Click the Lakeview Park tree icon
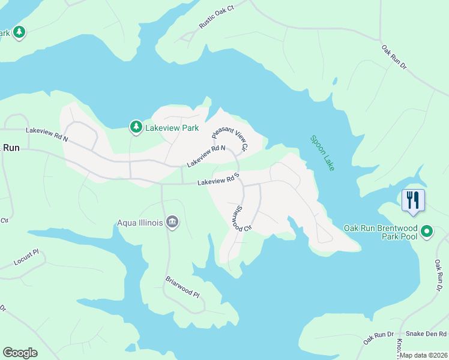click(136, 127)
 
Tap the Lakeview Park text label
click(173, 128)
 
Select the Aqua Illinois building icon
click(172, 223)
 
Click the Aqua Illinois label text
click(140, 223)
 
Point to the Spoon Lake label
click(322, 153)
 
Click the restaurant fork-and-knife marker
click(413, 200)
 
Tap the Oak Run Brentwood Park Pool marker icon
click(427, 231)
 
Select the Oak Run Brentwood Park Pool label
click(380, 232)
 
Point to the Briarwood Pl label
click(182, 287)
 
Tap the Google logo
click(20, 353)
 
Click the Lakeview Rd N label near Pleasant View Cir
click(206, 157)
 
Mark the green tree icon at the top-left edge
click(19, 32)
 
